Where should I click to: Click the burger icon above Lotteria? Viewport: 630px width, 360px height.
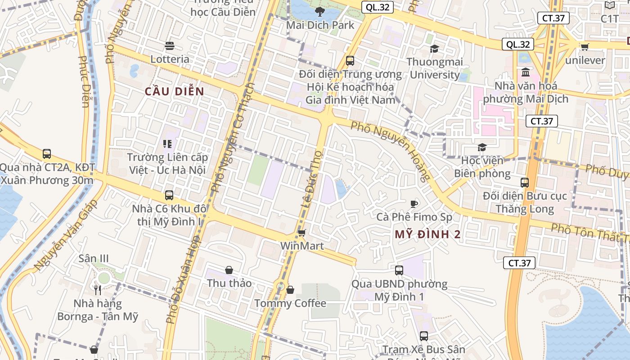tap(170, 45)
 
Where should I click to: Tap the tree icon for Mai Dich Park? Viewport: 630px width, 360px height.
tap(320, 12)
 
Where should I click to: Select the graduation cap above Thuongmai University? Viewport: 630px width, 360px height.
tap(434, 49)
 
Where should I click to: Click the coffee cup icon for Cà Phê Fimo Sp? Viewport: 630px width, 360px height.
tap(414, 204)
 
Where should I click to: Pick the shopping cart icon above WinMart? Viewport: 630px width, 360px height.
tap(301, 233)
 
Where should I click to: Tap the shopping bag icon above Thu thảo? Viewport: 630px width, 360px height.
tap(229, 270)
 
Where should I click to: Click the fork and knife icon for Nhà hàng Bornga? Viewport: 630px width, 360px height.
tap(98, 290)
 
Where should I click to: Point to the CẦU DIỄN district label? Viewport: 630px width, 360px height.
tap(175, 92)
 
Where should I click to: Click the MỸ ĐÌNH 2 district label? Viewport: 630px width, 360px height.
tap(428, 234)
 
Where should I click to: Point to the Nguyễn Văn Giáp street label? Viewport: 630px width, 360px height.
tap(65, 235)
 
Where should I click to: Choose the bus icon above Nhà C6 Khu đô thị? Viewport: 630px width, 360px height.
tap(169, 195)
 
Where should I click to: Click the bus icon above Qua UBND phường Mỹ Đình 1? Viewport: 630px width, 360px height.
tap(399, 270)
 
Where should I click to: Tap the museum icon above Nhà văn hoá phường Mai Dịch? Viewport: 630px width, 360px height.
tap(526, 72)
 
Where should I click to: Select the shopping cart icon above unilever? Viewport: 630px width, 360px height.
tap(585, 47)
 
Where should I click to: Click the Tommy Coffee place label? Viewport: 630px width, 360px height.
tap(290, 303)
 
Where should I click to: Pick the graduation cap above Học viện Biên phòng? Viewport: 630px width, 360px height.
tap(482, 147)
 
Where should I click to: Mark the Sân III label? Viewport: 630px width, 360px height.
tap(94, 259)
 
